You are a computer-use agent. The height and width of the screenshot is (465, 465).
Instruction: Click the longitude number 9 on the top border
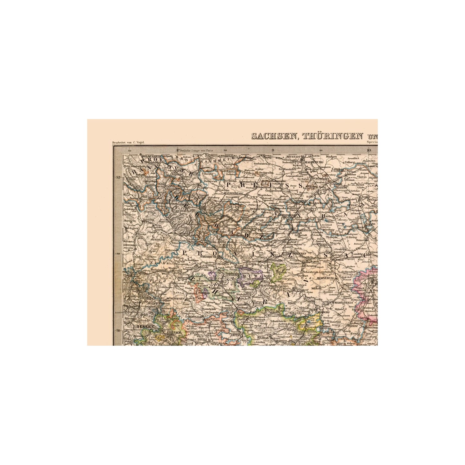coord(273,150)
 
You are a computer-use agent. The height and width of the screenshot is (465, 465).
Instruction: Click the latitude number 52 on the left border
coord(118,177)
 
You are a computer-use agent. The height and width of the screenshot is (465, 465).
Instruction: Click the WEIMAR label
coord(263,337)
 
